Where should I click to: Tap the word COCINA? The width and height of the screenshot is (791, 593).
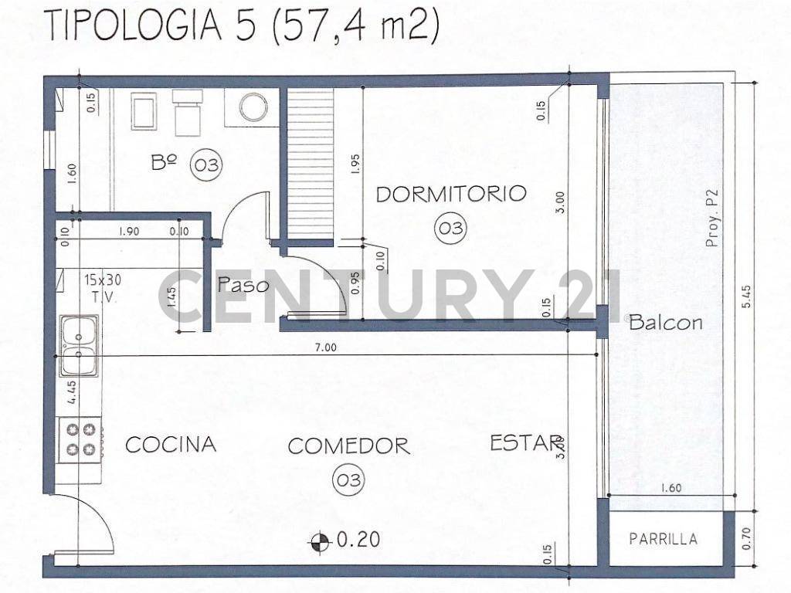point(170,445)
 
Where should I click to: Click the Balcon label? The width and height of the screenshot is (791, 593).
point(666,322)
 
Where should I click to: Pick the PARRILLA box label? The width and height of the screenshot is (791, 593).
point(663,539)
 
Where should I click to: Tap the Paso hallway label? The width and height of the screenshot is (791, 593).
point(243,286)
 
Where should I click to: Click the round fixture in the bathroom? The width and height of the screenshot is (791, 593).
point(253,107)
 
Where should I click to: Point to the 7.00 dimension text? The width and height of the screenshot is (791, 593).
point(326,347)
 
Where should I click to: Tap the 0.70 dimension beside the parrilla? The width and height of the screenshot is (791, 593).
point(746,538)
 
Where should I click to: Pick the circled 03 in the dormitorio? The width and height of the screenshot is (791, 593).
point(450,228)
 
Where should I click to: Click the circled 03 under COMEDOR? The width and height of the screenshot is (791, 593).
point(347,480)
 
